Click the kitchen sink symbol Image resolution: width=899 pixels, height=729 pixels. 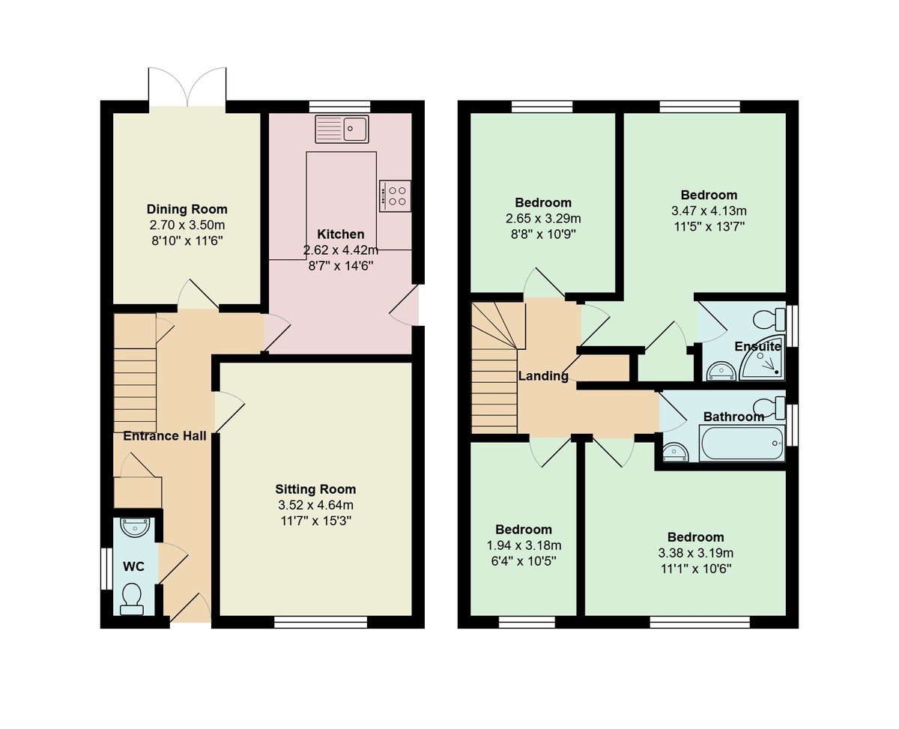[342, 129]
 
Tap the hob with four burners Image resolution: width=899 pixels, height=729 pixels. [395, 196]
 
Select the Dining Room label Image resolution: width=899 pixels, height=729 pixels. [187, 209]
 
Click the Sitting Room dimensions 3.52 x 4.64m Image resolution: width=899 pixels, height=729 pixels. [315, 504]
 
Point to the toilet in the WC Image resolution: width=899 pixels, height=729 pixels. [132, 599]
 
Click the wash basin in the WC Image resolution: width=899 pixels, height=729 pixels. [135, 528]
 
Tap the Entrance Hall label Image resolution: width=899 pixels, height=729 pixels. [165, 436]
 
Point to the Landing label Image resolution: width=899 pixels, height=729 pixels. [543, 376]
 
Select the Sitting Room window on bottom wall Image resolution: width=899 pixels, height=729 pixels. [321, 621]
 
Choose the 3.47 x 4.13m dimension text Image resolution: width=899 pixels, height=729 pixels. [709, 211]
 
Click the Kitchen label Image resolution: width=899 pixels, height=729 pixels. [341, 235]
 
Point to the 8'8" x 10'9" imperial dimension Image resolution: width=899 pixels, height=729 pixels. [543, 234]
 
